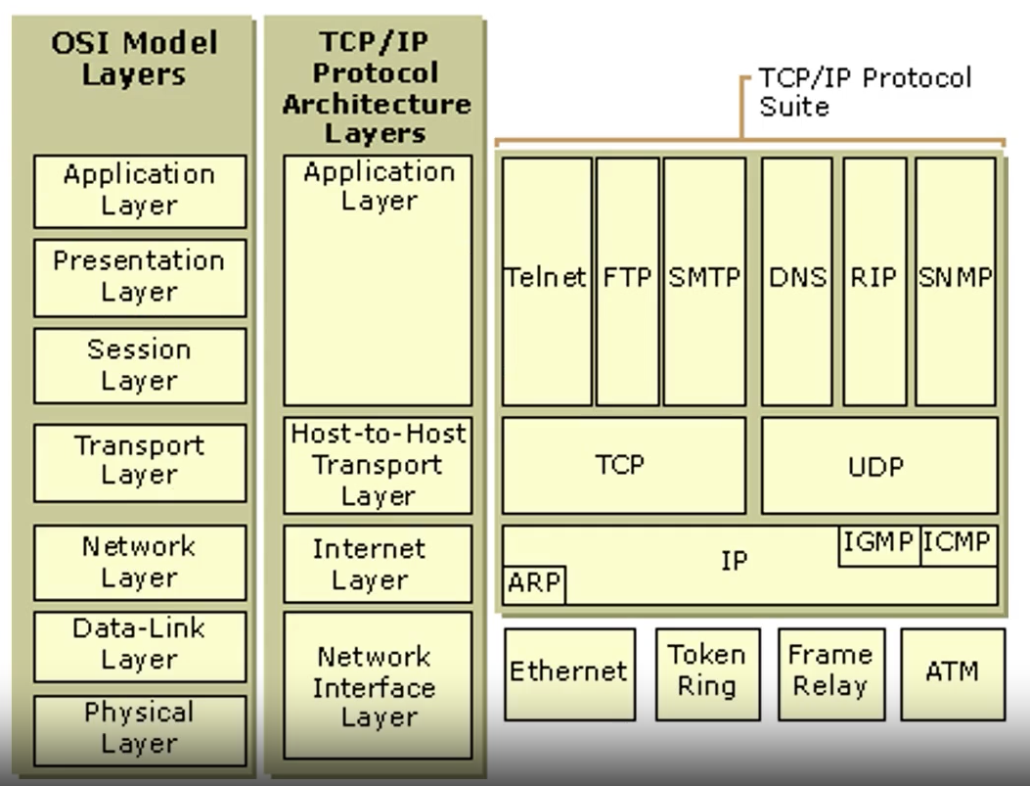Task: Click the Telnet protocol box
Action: [547, 280]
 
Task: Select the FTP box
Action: [627, 280]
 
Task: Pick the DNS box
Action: [797, 280]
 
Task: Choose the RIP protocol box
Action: [874, 280]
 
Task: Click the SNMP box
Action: [956, 280]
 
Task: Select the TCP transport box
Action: [623, 465]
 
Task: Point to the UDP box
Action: [879, 465]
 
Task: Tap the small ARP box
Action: [534, 584]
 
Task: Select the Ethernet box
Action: [569, 672]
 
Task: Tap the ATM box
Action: [952, 672]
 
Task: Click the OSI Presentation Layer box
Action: [139, 277]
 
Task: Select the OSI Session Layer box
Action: [139, 364]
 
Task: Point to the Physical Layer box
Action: [139, 726]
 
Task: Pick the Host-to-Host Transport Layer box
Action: [378, 466]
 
